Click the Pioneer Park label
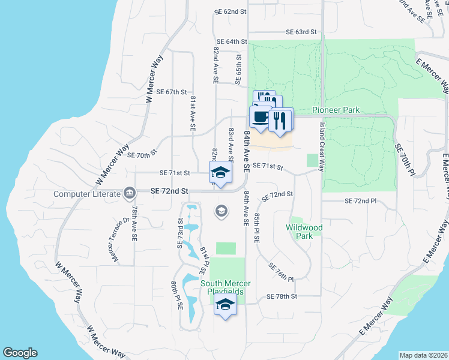pyautogui.click(x=336, y=110)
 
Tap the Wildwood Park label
pyautogui.click(x=304, y=232)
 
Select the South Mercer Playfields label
pyautogui.click(x=225, y=287)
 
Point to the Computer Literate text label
pyautogui.click(x=87, y=193)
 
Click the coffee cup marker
pyautogui.click(x=260, y=117)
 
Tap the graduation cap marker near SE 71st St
pyautogui.click(x=220, y=173)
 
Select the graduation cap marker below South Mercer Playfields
pyautogui.click(x=226, y=305)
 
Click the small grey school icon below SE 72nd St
pyautogui.click(x=221, y=211)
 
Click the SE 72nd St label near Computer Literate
pyautogui.click(x=169, y=190)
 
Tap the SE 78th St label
pyautogui.click(x=282, y=297)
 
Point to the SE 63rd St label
pyautogui.click(x=301, y=32)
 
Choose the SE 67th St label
pyautogui.click(x=172, y=92)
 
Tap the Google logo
pyautogui.click(x=20, y=353)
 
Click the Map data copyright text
pyautogui.click(x=424, y=355)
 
